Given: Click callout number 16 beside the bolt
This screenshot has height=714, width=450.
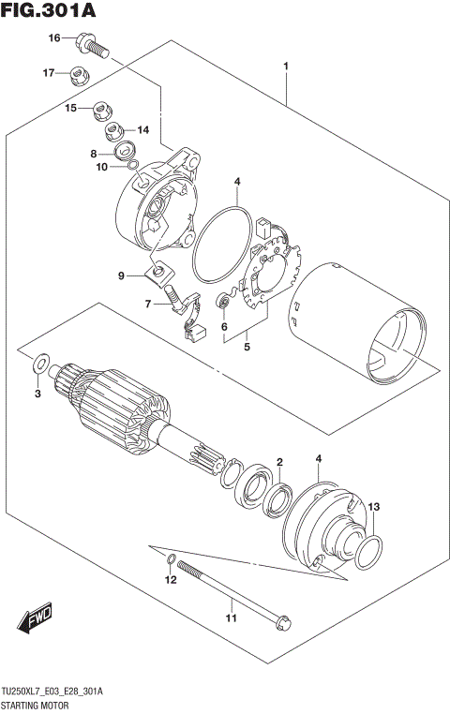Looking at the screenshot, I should click(54, 37).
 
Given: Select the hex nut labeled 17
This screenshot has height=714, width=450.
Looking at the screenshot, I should click(79, 74).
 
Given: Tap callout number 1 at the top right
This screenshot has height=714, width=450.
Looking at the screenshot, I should click(285, 67).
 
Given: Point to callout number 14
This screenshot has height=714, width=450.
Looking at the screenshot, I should click(143, 130).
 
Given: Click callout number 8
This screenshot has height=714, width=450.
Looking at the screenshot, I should click(94, 154).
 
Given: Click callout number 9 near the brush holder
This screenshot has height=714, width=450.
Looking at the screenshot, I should click(121, 275).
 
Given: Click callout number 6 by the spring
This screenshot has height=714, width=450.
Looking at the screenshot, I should click(224, 327).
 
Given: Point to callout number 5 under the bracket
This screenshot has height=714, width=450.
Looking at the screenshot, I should click(247, 348).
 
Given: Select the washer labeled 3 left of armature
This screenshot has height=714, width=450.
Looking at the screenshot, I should click(41, 363).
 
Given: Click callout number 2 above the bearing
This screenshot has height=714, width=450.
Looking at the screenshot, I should click(279, 462).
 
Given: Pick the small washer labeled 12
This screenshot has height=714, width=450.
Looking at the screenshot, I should click(170, 561).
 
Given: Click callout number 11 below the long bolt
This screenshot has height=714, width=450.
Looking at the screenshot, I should click(230, 617).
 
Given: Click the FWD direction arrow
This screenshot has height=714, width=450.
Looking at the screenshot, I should click(34, 620).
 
